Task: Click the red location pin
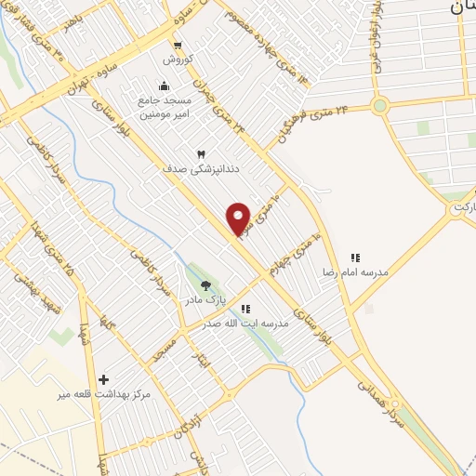pyautogui.click(x=239, y=218)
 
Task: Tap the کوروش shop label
pyautogui.click(x=177, y=59)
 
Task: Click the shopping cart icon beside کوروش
pyautogui.click(x=177, y=43)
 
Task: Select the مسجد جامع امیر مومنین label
pyautogui.click(x=165, y=107)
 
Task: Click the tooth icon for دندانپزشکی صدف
pyautogui.click(x=200, y=153)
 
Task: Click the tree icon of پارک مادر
pyautogui.click(x=205, y=285)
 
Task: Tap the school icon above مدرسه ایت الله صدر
pyautogui.click(x=245, y=308)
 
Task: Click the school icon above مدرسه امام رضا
pyautogui.click(x=354, y=258)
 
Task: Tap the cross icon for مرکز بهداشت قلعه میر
pyautogui.click(x=103, y=379)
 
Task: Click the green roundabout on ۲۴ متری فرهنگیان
pyautogui.click(x=379, y=105)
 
